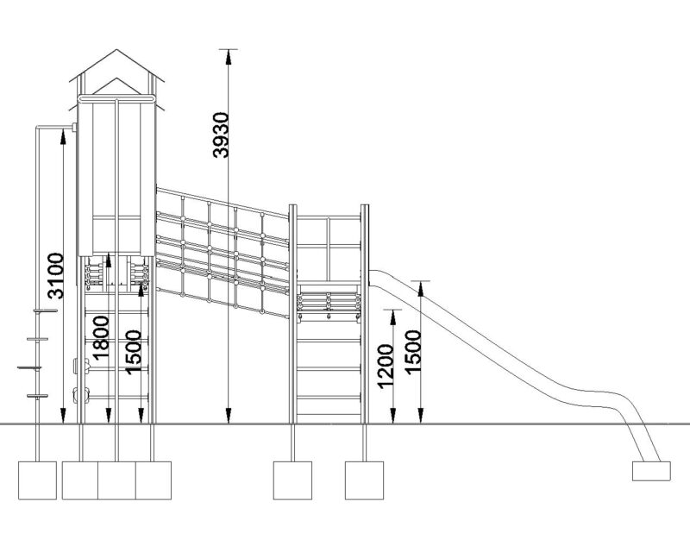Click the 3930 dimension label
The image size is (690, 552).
(222, 135)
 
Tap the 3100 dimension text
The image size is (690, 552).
(54, 275)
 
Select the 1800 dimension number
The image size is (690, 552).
(101, 337)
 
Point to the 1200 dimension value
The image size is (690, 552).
(386, 366)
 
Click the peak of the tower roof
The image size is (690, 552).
(116, 51)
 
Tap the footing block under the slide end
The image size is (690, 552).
(650, 471)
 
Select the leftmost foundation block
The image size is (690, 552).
(38, 480)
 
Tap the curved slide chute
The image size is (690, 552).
(517, 354)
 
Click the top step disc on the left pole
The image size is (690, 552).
(38, 311)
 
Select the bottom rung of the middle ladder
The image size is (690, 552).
(328, 398)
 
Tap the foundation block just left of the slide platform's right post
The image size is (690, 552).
(292, 480)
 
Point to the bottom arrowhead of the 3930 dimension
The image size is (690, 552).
(229, 420)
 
